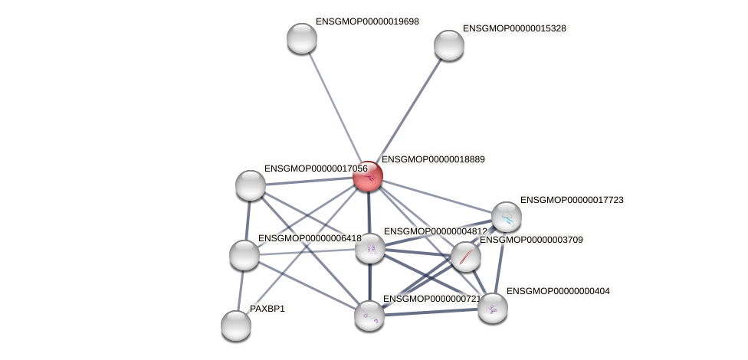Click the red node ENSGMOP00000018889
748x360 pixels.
[368, 177]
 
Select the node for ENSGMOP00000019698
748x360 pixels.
[302, 38]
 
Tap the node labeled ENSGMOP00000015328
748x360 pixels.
[449, 45]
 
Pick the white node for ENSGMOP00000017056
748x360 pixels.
[251, 185]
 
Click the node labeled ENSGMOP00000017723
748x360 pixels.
[507, 218]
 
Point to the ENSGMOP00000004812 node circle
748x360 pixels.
[370, 248]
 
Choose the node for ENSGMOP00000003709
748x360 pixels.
[466, 257]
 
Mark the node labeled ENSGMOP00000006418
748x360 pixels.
[244, 255]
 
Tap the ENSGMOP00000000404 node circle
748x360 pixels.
[493, 308]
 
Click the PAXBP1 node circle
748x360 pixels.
[236, 326]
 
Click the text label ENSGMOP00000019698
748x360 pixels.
[367, 21]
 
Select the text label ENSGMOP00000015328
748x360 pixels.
[514, 28]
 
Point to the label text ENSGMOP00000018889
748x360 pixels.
[433, 159]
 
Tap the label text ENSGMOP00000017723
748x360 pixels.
[572, 200]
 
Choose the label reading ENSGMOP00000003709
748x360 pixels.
[531, 240]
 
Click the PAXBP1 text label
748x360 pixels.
[267, 309]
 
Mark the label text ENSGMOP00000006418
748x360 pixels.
[309, 238]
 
